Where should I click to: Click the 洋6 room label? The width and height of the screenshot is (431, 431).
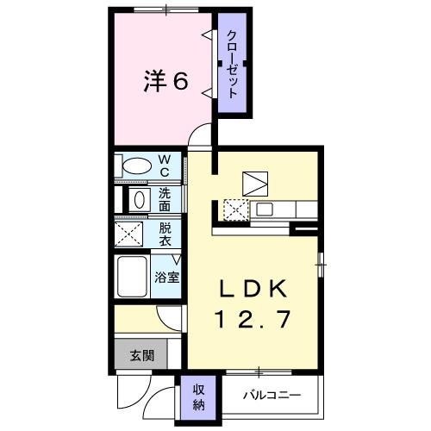coord(165,81)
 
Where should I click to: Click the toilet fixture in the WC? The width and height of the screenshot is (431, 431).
coord(135,165)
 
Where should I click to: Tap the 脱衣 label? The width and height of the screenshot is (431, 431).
coord(166,234)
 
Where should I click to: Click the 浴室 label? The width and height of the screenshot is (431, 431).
coord(166,278)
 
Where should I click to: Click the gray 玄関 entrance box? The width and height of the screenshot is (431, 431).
coord(142,354)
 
